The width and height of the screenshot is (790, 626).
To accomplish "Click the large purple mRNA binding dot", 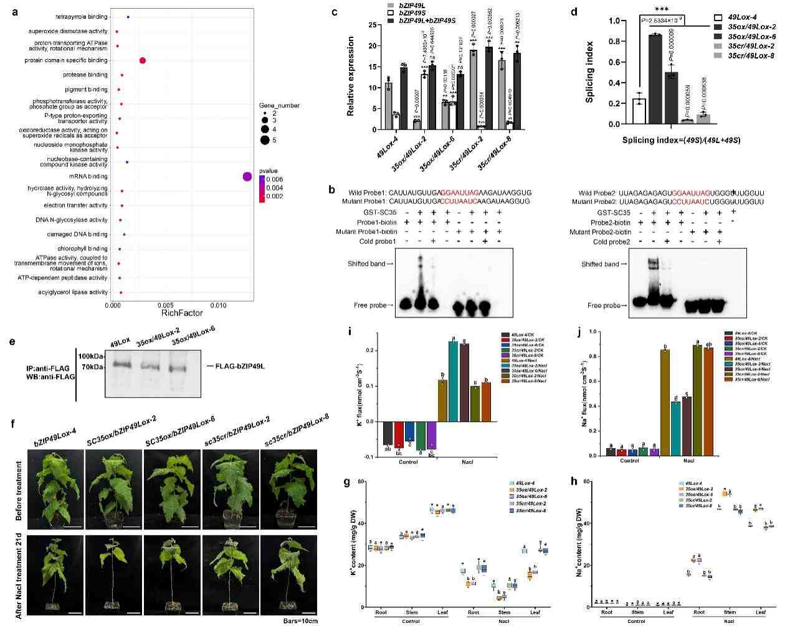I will tap(247, 177).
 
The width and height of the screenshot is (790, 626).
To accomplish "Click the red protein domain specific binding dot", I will tap(143, 60).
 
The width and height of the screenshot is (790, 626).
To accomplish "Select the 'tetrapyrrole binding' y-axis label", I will tap(82, 17).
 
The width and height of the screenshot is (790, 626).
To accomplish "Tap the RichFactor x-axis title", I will tap(182, 314).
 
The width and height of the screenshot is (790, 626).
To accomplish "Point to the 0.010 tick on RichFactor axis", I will tap(218, 306).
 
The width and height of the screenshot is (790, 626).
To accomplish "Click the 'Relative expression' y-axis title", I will tap(350, 76).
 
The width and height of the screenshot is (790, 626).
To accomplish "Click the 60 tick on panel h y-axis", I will tap(586, 482).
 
